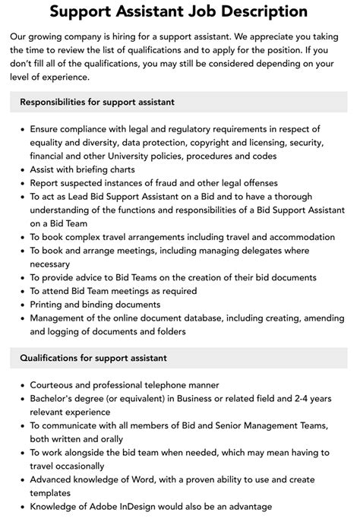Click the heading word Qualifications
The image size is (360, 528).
pyautogui.click(x=55, y=358)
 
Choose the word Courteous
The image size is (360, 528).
pyautogui.click(x=56, y=385)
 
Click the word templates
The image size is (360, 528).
pyautogui.click(x=54, y=494)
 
